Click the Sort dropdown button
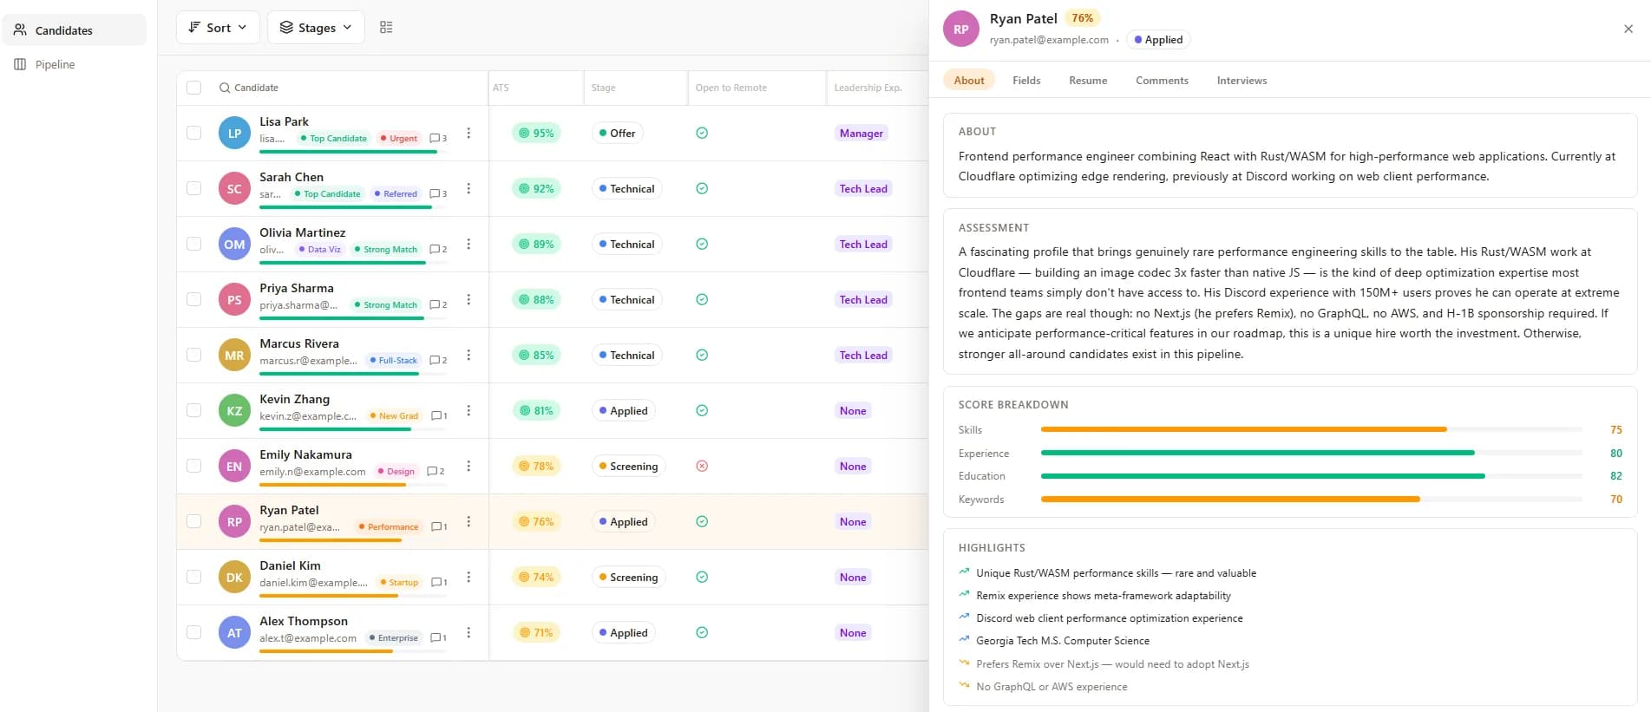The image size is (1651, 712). (218, 28)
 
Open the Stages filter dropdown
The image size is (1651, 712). (316, 28)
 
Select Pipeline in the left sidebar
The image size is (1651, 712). (55, 64)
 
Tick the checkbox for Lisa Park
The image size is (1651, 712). (194, 133)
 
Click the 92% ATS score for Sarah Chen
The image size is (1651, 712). (536, 188)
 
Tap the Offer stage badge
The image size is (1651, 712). (617, 133)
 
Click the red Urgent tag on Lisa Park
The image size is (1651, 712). (399, 139)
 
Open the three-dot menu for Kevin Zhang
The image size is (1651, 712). (468, 410)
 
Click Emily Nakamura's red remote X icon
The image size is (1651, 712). (702, 466)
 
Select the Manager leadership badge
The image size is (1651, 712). (861, 133)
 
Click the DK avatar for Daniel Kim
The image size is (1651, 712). (234, 577)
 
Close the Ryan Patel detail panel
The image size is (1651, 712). (1628, 29)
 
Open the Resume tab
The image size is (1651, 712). (1087, 81)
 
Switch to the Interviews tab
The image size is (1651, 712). (1241, 81)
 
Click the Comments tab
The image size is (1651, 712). (1162, 81)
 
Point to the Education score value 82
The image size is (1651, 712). (1615, 476)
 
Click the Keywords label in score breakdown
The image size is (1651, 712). (980, 500)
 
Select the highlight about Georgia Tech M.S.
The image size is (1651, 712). (1062, 641)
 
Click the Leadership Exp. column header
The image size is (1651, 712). (868, 88)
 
